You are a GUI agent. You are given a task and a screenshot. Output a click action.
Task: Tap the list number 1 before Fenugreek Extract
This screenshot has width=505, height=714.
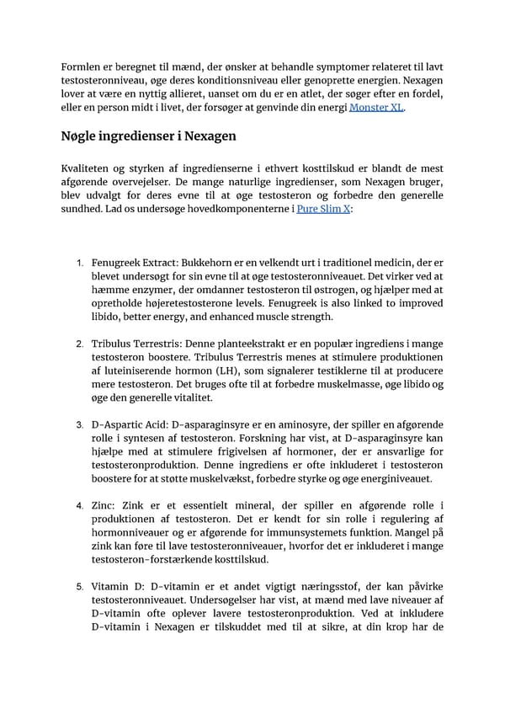(79, 264)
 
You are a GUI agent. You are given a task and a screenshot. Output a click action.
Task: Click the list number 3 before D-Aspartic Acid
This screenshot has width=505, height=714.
(79, 424)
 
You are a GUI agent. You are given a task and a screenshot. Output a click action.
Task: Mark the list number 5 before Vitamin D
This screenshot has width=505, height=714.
(79, 585)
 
